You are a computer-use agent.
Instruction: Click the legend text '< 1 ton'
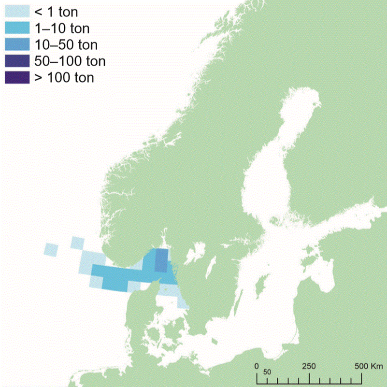coord(56,11)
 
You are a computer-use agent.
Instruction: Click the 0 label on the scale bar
coord(257,365)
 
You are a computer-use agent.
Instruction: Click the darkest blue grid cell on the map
coord(161,261)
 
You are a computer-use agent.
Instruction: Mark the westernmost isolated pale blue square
coord(51,250)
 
